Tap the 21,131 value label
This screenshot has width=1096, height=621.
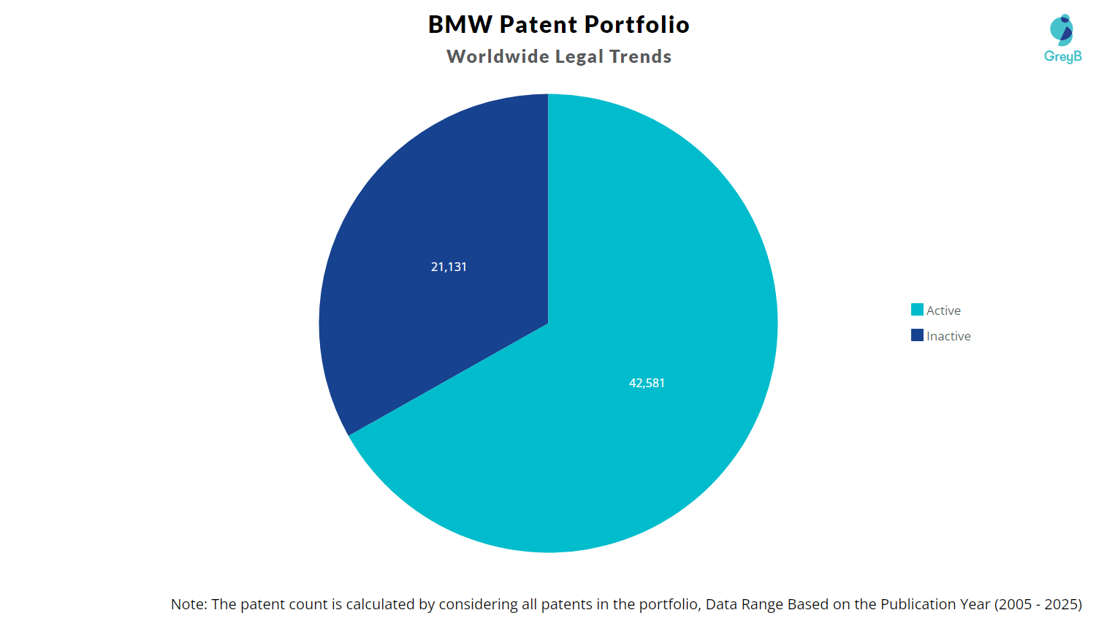click(x=449, y=267)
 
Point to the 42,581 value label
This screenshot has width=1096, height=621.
click(x=647, y=383)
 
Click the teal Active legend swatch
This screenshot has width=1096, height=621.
click(x=917, y=310)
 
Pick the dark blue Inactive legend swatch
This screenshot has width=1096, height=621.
click(x=917, y=335)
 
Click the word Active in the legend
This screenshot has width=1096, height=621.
click(x=943, y=310)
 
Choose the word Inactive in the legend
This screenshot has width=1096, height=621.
click(x=948, y=336)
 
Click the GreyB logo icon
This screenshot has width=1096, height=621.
click(x=1061, y=30)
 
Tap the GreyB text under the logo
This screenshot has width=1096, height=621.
click(x=1063, y=57)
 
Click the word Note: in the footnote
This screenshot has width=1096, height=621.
click(x=189, y=604)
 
